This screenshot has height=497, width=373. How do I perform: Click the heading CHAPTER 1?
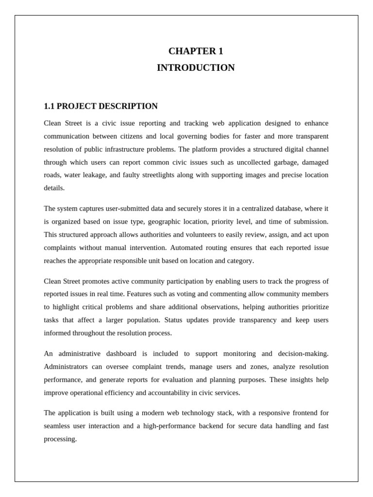pyautogui.click(x=196, y=51)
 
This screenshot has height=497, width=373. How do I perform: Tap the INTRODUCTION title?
pyautogui.click(x=196, y=68)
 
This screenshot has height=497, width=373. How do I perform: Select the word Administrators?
pyautogui.click(x=68, y=367)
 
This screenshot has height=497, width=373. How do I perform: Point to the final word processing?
pyautogui.click(x=60, y=439)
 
